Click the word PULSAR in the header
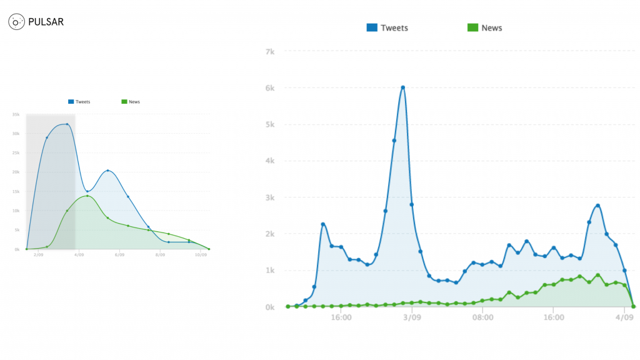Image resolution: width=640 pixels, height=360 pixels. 46,22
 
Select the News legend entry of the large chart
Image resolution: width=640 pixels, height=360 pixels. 486,27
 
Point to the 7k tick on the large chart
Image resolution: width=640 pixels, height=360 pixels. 270,51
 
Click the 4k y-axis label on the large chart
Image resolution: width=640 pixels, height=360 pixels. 270,161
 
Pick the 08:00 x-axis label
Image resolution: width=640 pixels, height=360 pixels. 483,317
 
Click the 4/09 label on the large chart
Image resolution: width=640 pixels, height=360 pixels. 625,317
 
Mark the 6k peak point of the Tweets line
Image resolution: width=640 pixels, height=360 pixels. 403,87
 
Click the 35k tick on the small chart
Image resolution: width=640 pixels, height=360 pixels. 16,114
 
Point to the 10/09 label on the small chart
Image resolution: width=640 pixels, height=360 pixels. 201,255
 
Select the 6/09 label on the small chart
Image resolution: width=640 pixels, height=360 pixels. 119,255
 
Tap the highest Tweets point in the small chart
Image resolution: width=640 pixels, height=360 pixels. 67,124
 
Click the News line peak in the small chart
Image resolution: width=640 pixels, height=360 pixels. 87,196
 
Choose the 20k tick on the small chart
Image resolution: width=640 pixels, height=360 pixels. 16,172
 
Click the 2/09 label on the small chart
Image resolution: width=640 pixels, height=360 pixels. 39,255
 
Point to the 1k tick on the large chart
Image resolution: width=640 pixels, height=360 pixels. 270,270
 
